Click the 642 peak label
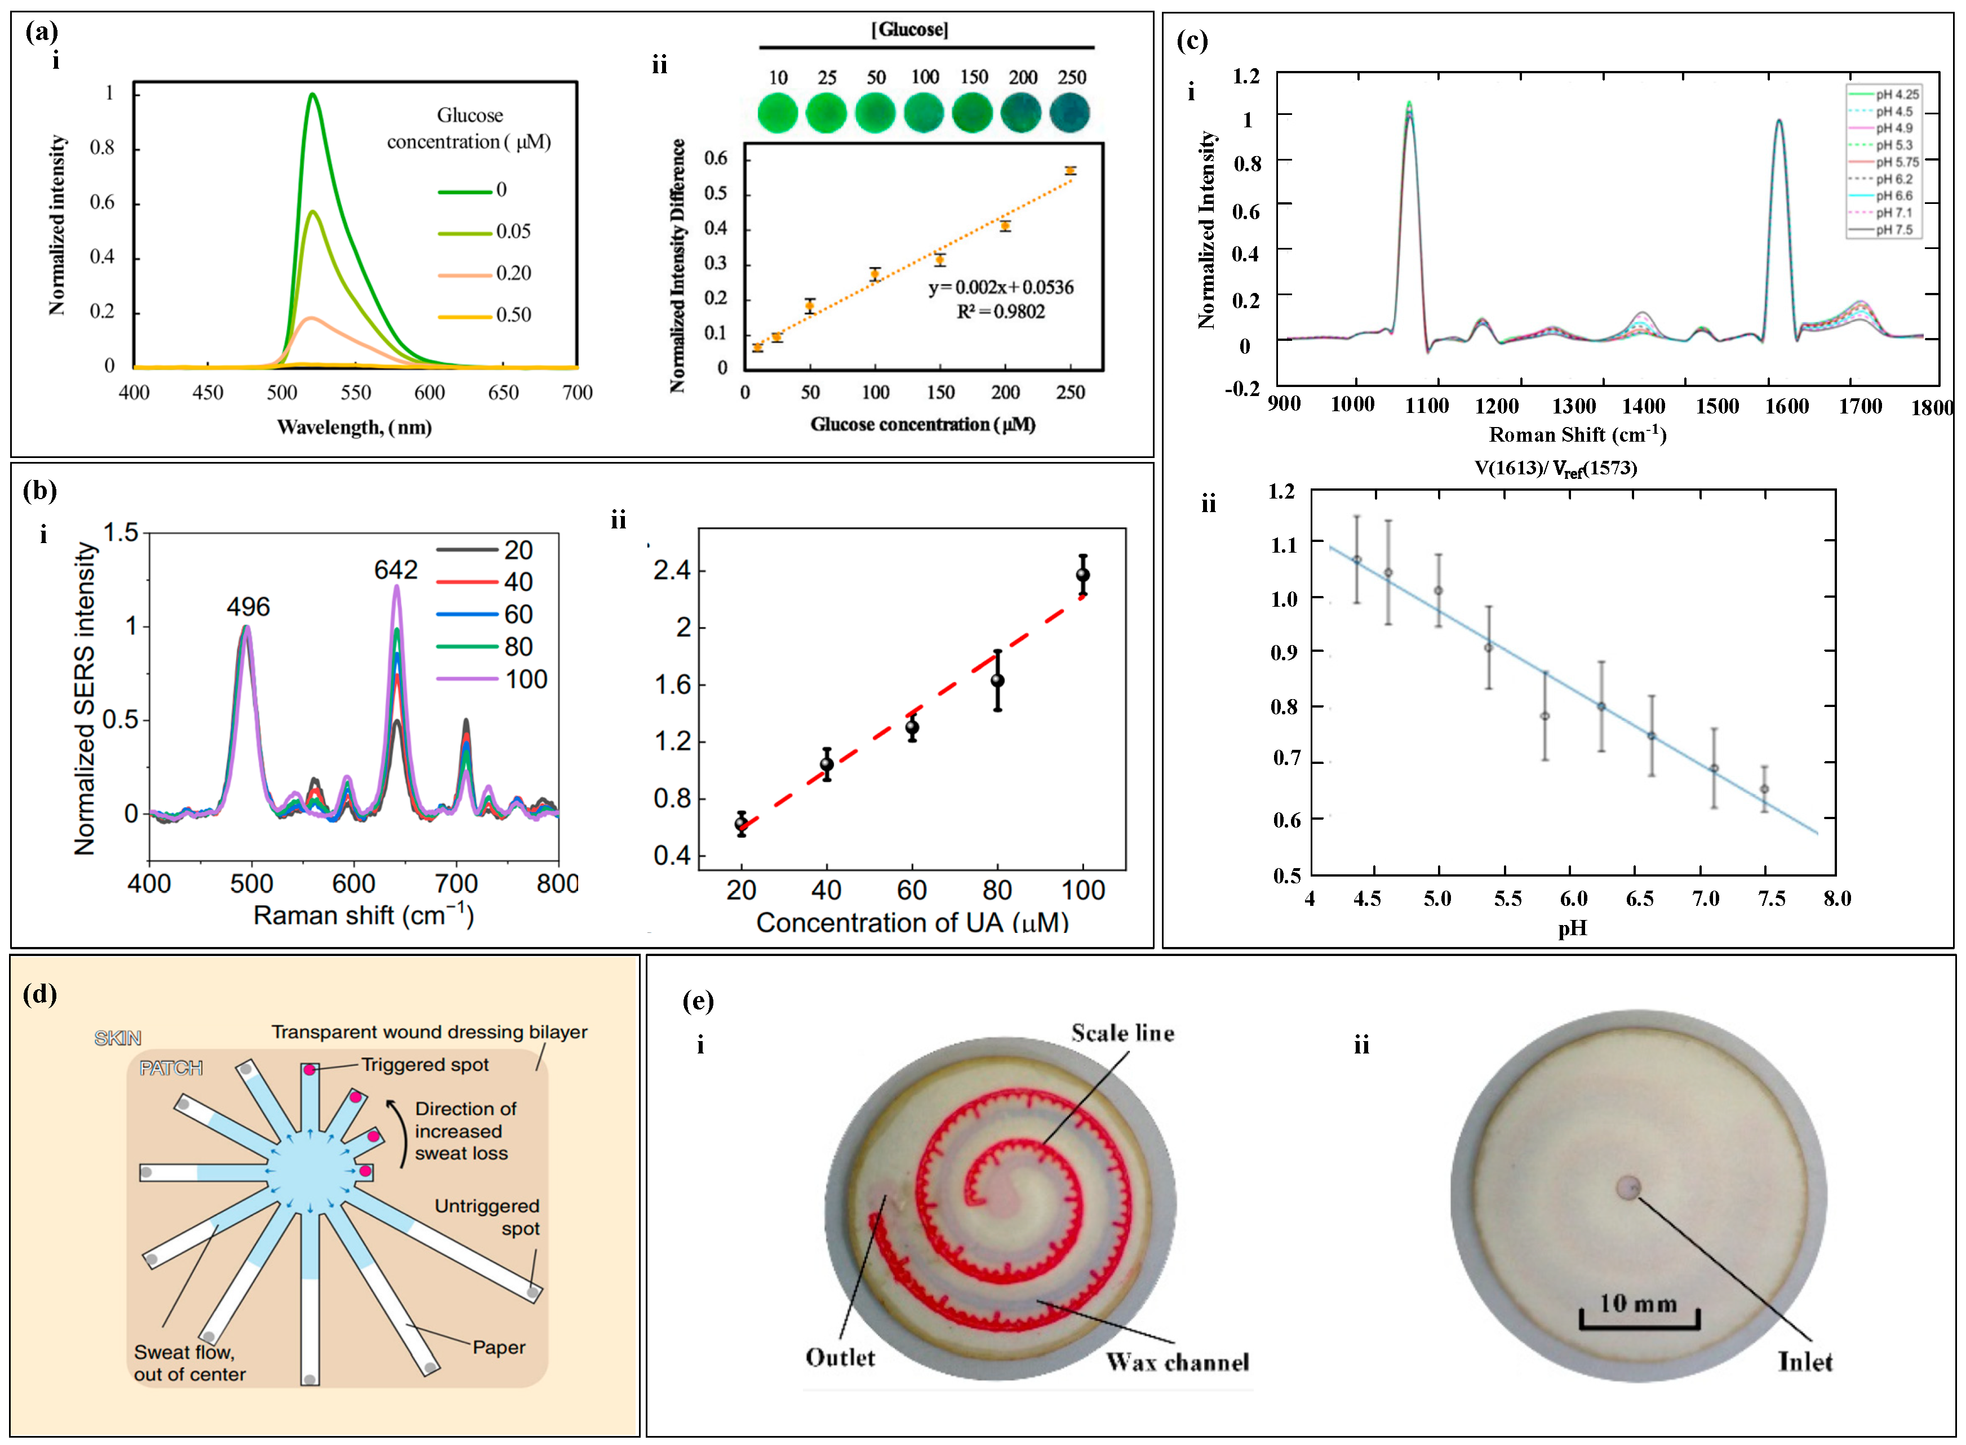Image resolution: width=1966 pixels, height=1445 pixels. tap(396, 570)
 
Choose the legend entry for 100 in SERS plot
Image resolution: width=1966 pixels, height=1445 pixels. tap(494, 679)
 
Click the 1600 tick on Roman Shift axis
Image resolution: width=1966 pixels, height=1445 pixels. tap(1786, 406)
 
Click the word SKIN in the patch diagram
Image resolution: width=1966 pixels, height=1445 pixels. tap(117, 1038)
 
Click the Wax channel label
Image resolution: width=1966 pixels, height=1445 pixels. tap(1176, 1362)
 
